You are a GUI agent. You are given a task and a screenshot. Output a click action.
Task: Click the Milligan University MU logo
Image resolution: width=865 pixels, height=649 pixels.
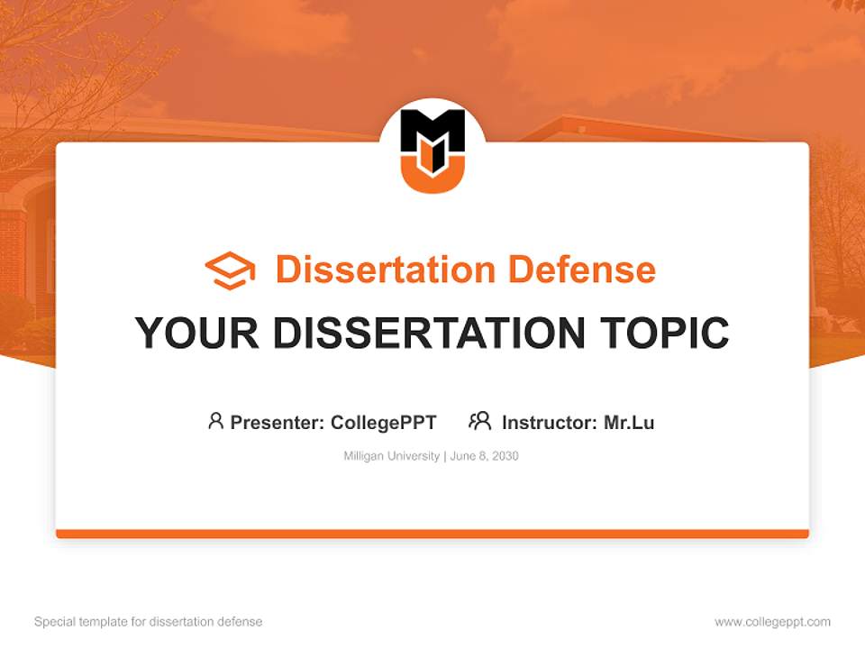(x=432, y=148)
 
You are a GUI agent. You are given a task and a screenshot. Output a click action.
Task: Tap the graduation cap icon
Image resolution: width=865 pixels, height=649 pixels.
(x=230, y=270)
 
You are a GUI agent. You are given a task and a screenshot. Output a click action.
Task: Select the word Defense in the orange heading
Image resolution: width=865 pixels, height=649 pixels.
(x=581, y=270)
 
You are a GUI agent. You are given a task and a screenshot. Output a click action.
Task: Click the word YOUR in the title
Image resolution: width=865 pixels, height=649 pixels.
(x=197, y=334)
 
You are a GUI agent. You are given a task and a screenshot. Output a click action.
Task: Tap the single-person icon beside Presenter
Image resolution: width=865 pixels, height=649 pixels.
(x=215, y=421)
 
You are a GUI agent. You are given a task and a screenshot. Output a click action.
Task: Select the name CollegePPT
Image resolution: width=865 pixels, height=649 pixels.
(x=383, y=422)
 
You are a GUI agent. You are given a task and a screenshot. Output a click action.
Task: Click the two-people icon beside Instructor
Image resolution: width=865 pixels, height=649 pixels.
(x=479, y=421)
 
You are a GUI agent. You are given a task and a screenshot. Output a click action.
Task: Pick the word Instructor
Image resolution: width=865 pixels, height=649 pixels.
(x=548, y=422)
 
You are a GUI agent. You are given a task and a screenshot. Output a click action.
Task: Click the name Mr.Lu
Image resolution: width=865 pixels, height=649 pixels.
(x=629, y=422)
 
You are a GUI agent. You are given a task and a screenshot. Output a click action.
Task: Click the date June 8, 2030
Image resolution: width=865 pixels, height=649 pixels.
(x=484, y=456)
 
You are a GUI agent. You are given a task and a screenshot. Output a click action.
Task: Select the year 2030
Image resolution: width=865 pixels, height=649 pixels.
(x=505, y=456)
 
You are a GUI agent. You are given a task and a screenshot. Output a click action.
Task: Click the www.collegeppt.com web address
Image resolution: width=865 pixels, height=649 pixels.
(x=772, y=622)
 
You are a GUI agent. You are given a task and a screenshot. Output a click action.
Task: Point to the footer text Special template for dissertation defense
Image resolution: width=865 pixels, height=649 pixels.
(x=149, y=622)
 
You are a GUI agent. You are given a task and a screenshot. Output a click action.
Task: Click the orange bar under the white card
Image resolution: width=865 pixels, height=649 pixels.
(x=432, y=534)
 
